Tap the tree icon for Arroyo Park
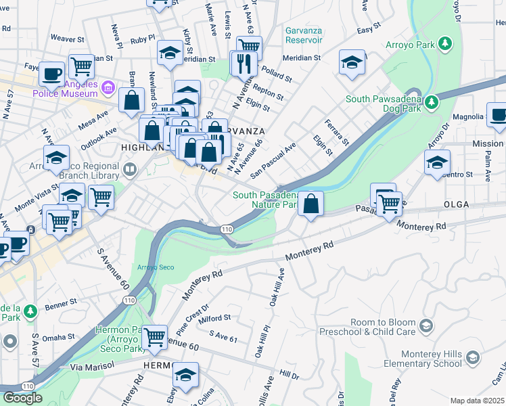pyautogui.click(x=445, y=45)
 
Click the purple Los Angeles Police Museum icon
pyautogui.click(x=108, y=88)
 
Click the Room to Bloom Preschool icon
pyautogui.click(x=425, y=327)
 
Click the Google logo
pyautogui.click(x=22, y=397)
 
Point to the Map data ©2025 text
pyautogui.click(x=476, y=401)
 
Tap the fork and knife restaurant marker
pyautogui.click(x=243, y=64)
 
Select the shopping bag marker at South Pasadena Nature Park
pyautogui.click(x=310, y=204)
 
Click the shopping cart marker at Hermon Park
pyautogui.click(x=155, y=336)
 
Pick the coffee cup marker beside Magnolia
pyautogui.click(x=498, y=116)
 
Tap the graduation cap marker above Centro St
pyautogui.click(x=437, y=162)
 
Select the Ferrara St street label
pyautogui.click(x=336, y=133)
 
